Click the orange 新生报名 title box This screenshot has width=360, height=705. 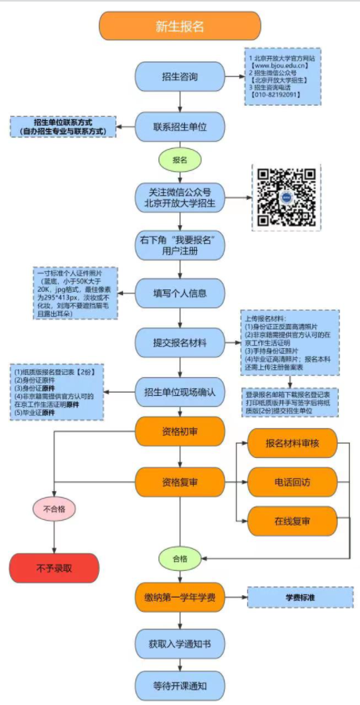(180, 26)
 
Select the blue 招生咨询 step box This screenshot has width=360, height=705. (180, 77)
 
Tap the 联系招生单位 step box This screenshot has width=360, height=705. (180, 125)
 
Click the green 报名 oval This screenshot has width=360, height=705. (180, 159)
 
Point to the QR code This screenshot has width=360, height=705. (287, 197)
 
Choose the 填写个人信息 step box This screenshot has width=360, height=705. (180, 293)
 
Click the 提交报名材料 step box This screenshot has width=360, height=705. (180, 342)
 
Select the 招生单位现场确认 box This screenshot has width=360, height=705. (180, 390)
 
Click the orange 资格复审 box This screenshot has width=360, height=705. (180, 480)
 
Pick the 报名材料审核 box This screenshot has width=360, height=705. (292, 444)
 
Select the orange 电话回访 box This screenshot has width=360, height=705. (292, 480)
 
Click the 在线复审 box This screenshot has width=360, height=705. (292, 520)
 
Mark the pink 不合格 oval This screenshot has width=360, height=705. (54, 509)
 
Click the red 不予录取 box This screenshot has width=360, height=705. (54, 567)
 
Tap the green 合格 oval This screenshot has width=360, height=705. (180, 558)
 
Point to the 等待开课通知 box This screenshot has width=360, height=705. (180, 685)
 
